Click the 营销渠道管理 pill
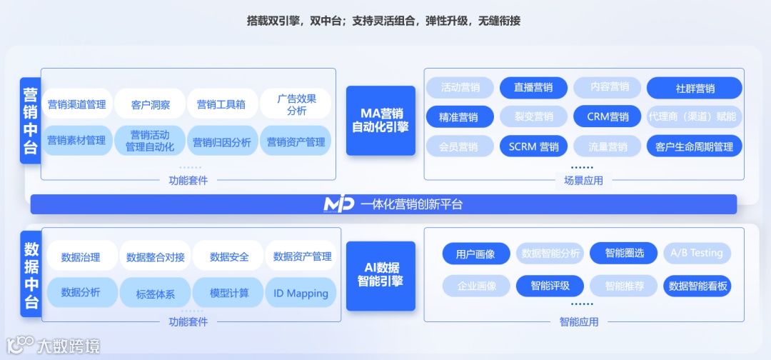point(76,104)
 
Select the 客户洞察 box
point(151,104)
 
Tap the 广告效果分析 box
point(296,104)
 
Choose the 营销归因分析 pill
point(222,141)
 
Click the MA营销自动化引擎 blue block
point(381,120)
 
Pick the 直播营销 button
point(533,88)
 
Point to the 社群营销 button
point(694,89)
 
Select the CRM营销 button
point(608,117)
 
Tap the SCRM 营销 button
point(533,146)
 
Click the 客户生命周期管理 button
point(694,146)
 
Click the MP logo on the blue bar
point(338,204)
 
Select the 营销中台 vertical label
point(31,121)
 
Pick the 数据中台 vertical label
point(31,275)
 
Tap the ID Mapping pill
point(301,293)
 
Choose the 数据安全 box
point(229,256)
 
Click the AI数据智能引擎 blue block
point(381,275)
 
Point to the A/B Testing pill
point(697,253)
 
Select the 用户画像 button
point(475,254)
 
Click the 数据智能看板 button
point(697,286)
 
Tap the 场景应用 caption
point(583,180)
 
